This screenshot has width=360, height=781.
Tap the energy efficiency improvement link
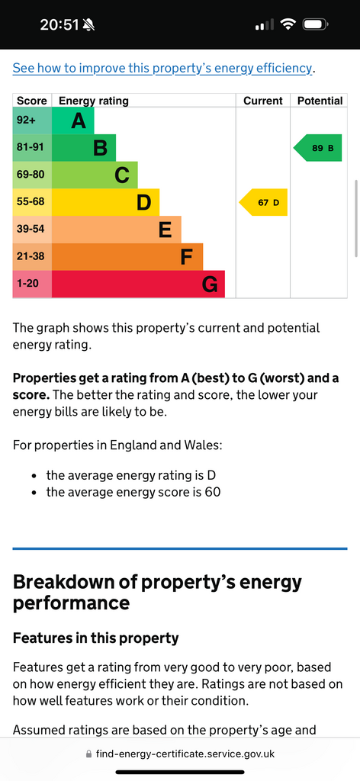point(162,68)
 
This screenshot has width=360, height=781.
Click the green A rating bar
point(72,121)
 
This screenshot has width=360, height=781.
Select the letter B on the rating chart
point(101,148)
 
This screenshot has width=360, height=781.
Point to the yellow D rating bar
point(105,202)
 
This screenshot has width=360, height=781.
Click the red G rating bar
point(138,284)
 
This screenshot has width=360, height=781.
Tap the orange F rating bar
point(127,256)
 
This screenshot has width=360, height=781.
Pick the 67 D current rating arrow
point(263,202)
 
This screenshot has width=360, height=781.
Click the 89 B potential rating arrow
point(318,148)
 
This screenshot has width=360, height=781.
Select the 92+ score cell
point(32,121)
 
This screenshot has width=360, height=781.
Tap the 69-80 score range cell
point(32,175)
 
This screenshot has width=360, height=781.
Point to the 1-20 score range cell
point(32,284)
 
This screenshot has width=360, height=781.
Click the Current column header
point(263,101)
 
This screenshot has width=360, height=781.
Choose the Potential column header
point(320,101)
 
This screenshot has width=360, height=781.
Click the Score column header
point(32,101)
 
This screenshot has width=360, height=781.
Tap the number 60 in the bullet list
point(213,493)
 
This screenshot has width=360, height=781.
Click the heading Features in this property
point(95,638)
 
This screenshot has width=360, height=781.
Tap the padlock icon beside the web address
point(89,754)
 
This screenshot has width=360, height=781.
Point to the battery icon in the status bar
point(315,24)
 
